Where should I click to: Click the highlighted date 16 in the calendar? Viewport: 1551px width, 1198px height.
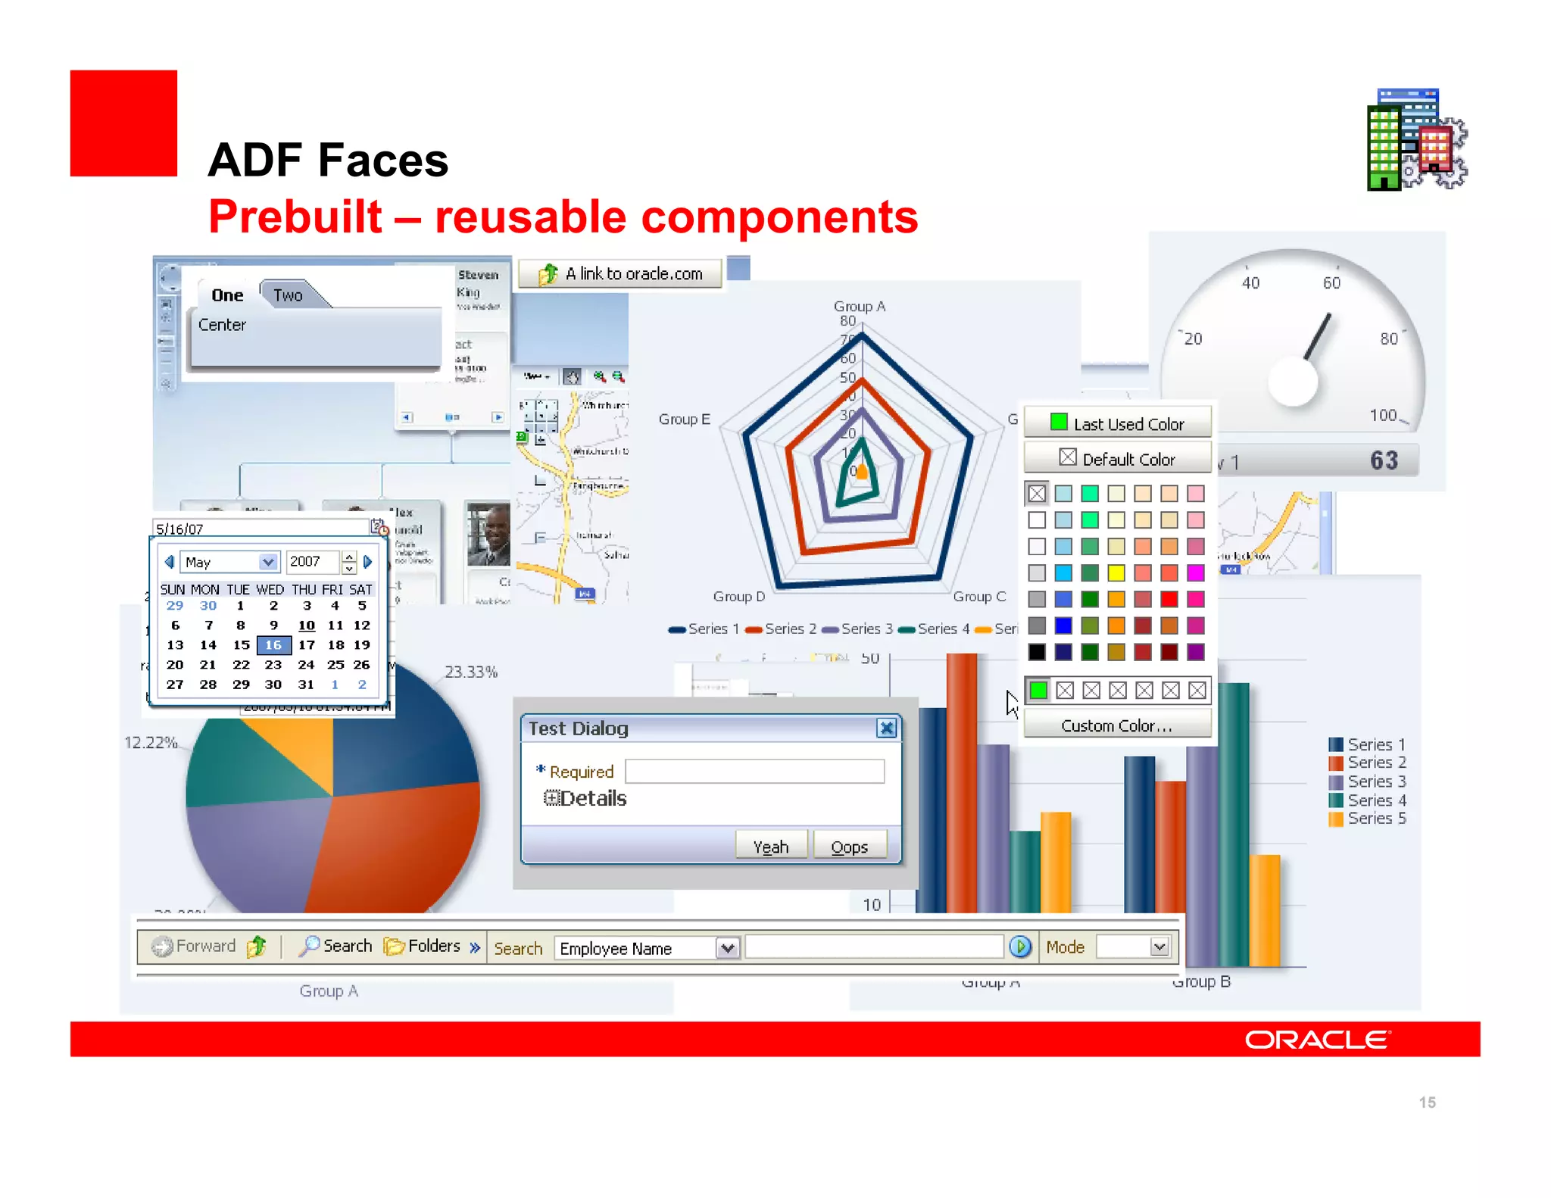[273, 645]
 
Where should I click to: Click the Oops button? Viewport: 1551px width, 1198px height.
[849, 847]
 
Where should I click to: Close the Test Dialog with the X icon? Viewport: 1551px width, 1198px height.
[886, 728]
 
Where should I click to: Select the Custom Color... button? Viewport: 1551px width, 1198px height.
[1117, 725]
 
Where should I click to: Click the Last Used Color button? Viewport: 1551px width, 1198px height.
[1117, 424]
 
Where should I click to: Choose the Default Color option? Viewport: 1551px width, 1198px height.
[1117, 459]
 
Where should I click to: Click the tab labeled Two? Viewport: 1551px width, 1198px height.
[288, 295]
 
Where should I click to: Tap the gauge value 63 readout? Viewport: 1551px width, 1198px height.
[1384, 460]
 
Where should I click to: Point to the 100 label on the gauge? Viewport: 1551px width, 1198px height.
[1383, 415]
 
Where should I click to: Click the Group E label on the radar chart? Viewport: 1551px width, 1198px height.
[684, 419]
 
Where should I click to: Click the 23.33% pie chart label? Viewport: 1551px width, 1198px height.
[470, 672]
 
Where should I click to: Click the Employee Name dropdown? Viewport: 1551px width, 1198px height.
[648, 948]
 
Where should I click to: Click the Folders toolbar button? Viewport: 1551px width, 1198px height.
[423, 946]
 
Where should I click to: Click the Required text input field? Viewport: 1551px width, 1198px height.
[754, 771]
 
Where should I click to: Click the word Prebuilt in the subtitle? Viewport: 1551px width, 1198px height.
[295, 217]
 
